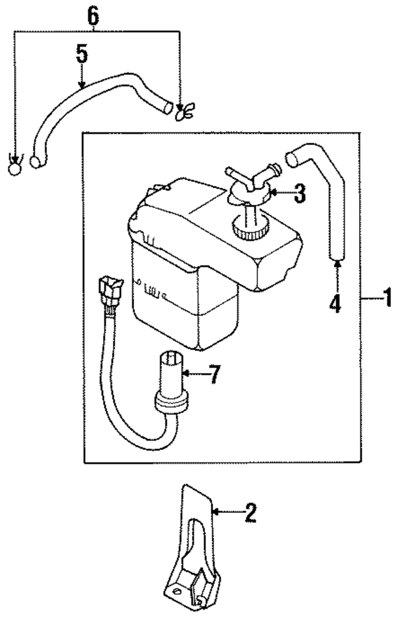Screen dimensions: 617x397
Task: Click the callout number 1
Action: (386, 298)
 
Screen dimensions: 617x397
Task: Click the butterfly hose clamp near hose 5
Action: (184, 111)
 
